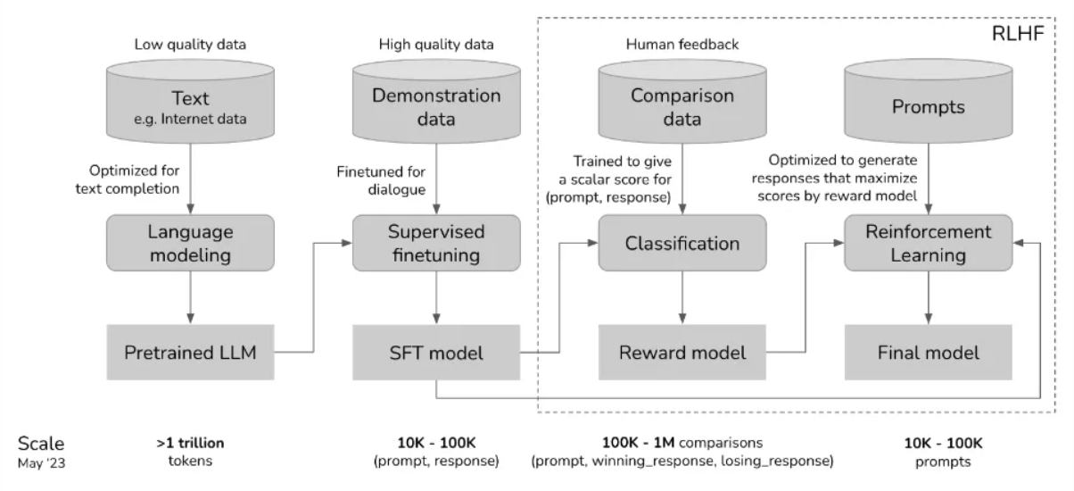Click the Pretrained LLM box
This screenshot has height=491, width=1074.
tap(190, 353)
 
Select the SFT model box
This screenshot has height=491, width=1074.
tap(436, 353)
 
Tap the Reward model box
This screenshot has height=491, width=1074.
tap(682, 353)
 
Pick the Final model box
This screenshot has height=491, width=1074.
tap(929, 353)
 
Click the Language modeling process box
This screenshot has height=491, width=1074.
tap(190, 243)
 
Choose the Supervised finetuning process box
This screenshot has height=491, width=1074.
tap(436, 243)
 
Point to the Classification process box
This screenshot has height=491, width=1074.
tap(682, 243)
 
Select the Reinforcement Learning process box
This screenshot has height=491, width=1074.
tap(929, 243)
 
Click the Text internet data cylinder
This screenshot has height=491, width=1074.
tap(190, 101)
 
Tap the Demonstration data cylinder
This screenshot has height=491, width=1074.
tap(436, 101)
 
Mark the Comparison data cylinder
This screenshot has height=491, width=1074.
tap(682, 101)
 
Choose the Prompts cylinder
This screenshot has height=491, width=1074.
tap(929, 101)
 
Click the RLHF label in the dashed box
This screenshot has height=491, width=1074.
tap(1018, 34)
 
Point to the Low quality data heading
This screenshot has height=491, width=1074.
tap(190, 45)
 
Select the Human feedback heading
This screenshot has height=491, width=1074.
tap(682, 45)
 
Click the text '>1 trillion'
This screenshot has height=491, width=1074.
tap(190, 443)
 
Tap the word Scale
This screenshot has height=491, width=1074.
tap(41, 444)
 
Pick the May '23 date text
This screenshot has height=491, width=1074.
tap(41, 463)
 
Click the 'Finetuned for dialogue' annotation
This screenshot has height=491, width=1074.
tap(381, 180)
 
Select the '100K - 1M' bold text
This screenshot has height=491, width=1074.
tap(638, 443)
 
